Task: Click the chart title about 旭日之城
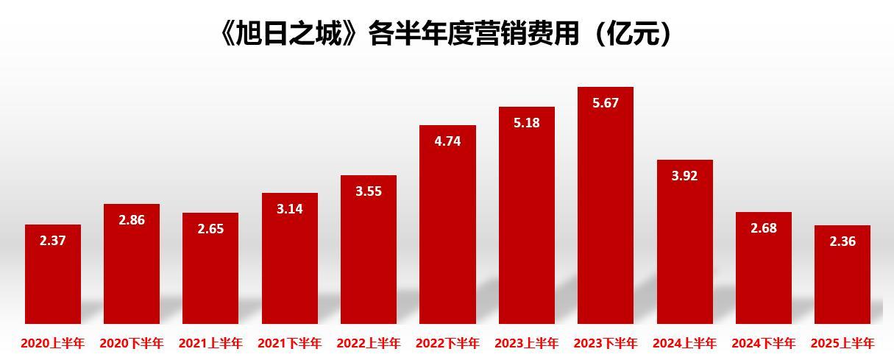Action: [x=446, y=34]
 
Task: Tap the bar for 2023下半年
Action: [x=606, y=221]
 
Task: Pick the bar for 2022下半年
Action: [x=447, y=236]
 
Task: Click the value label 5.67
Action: [x=606, y=103]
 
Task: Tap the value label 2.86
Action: [x=132, y=219]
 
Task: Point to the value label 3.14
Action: [x=290, y=209]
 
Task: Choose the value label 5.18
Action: [x=527, y=123]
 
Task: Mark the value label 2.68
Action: [x=764, y=228]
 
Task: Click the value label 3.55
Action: [x=369, y=191]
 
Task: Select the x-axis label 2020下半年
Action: [x=132, y=343]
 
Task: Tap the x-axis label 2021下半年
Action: [x=290, y=343]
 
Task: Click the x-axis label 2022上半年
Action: [x=369, y=343]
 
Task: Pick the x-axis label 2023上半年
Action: [x=527, y=343]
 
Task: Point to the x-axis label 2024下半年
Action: [x=764, y=343]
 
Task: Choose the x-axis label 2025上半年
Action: [x=842, y=343]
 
